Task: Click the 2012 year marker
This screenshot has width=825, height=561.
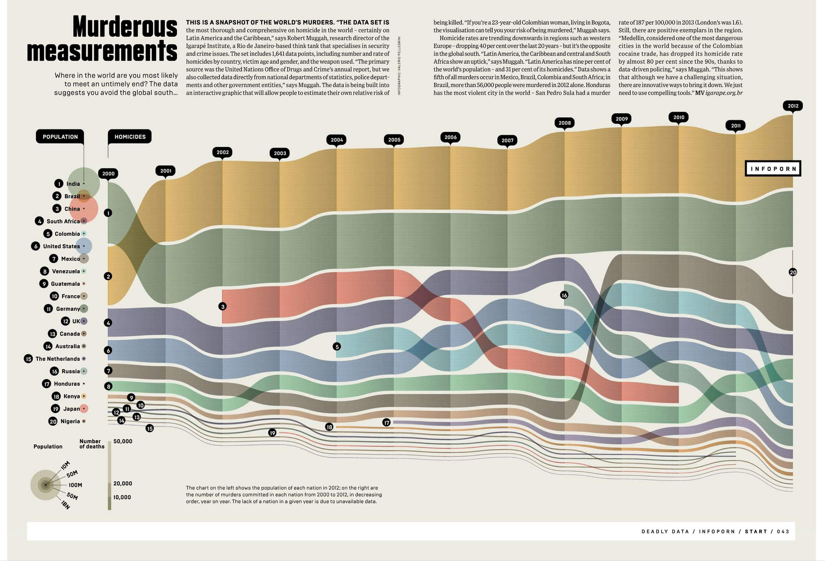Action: tap(793, 106)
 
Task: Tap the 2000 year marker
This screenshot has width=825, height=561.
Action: tap(108, 173)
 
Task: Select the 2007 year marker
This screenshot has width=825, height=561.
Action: tap(507, 140)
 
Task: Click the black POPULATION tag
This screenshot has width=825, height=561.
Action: tap(60, 137)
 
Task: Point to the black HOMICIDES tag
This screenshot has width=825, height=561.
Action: tap(130, 137)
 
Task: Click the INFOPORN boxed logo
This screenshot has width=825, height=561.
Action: tap(773, 168)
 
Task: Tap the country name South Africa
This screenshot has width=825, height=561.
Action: tap(63, 221)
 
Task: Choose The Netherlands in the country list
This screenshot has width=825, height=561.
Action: tap(57, 359)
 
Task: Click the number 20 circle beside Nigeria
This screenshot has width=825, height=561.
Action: tap(53, 421)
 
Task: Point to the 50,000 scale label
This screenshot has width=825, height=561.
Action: tap(123, 441)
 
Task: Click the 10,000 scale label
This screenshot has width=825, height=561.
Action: tap(122, 497)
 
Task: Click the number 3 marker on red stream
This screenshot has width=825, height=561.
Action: tap(222, 306)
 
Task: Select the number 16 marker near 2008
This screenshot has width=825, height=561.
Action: tap(564, 295)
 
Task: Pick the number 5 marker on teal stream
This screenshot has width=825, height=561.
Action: tap(337, 346)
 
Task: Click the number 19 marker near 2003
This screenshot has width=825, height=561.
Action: tap(272, 433)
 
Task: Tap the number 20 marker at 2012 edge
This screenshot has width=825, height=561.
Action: tap(793, 272)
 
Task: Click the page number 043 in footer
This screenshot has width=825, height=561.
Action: tap(783, 532)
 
